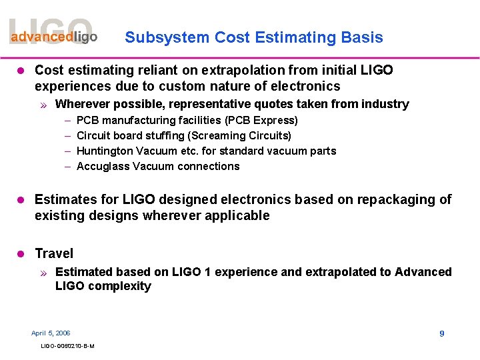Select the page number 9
(441, 333)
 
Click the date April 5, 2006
(51, 333)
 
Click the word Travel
(54, 253)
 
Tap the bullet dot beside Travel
(20, 253)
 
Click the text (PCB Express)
(261, 121)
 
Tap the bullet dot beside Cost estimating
(20, 70)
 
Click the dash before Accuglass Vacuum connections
(68, 167)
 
